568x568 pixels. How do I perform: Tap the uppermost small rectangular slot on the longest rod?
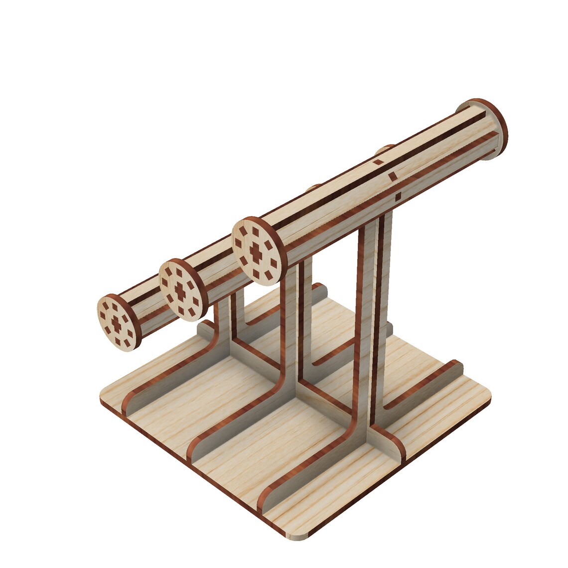coord(379,161)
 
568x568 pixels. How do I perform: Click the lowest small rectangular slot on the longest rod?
coord(398,197)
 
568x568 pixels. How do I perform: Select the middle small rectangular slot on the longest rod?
coord(393,175)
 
